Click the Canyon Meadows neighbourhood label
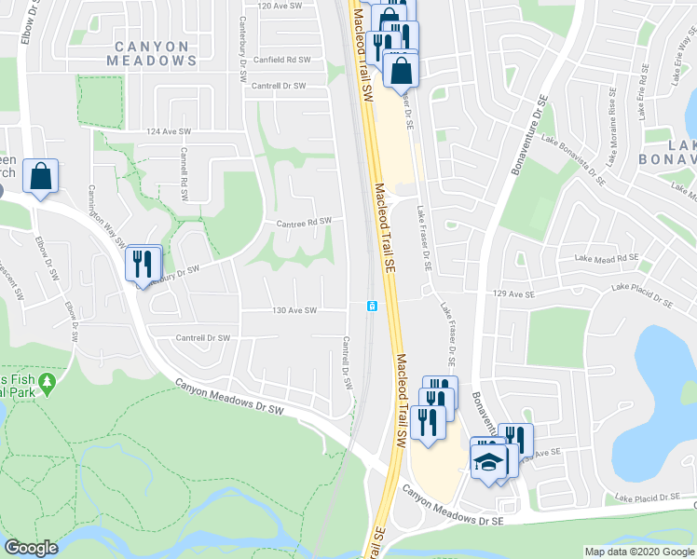click(156, 52)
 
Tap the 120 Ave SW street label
click(281, 7)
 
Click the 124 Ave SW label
click(168, 132)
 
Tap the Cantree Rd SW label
click(304, 223)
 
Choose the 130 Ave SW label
click(294, 310)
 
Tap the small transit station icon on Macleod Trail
click(372, 307)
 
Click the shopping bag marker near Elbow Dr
click(42, 177)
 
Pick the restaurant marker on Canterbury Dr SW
click(142, 265)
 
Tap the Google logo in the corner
click(31, 548)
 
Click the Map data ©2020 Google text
click(639, 552)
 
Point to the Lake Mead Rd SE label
click(607, 258)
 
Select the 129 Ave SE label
click(514, 294)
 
